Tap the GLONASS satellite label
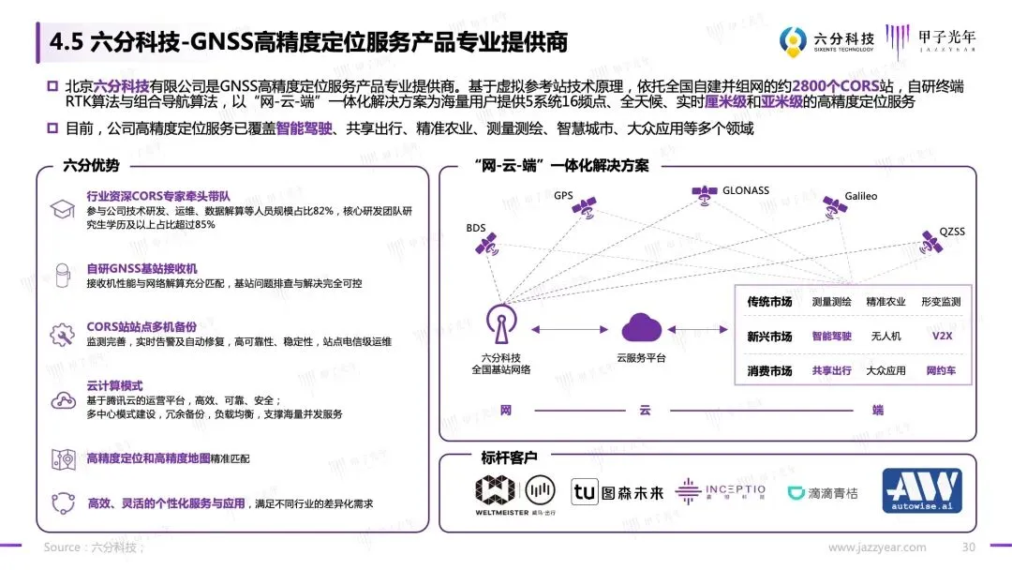click(745, 190)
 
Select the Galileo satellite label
click(860, 197)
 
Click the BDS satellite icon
click(484, 247)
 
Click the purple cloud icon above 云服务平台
click(642, 328)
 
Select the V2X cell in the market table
click(941, 336)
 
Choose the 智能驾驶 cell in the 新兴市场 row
click(831, 336)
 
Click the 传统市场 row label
click(769, 302)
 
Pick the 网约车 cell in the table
click(941, 370)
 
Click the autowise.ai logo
click(922, 492)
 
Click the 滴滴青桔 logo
click(822, 492)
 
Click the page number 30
click(969, 547)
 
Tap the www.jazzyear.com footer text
click(877, 547)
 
